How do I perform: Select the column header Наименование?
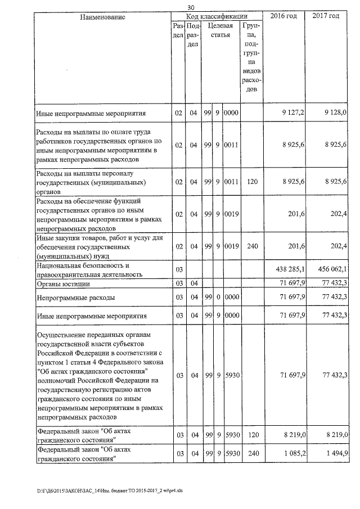point(103,17)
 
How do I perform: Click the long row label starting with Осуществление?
point(99,375)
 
